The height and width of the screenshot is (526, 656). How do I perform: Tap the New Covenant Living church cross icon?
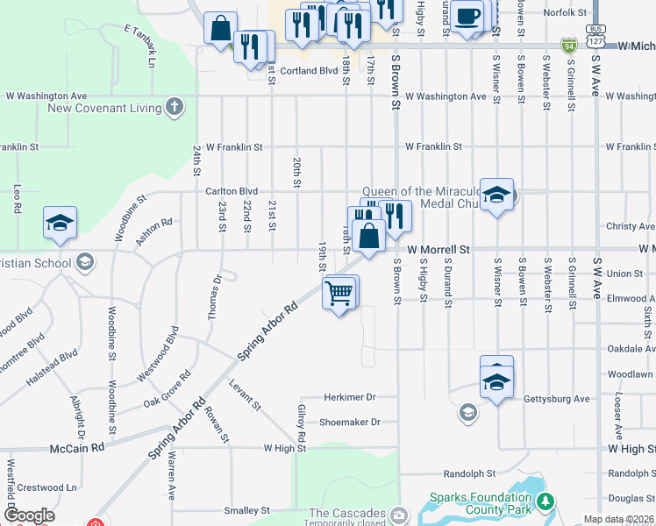pos(175,108)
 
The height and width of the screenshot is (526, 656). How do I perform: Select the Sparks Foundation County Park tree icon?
pos(546,501)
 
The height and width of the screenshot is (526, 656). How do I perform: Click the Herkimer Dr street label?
pos(349,397)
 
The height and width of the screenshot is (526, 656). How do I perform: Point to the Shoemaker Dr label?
pos(349,422)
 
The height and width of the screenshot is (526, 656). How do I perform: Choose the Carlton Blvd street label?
pos(232,190)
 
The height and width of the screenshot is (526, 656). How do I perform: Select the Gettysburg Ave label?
pos(556,399)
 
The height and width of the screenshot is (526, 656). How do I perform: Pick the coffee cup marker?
pos(467,16)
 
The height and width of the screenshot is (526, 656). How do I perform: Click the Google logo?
pos(29,516)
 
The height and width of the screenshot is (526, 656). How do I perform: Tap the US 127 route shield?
pos(595,41)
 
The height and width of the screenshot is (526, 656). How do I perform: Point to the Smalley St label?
pos(246,510)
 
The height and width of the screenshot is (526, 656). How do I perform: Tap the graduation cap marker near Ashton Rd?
pos(60,224)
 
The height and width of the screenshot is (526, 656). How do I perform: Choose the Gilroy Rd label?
pos(301,423)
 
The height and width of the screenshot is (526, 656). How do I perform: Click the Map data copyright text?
pos(619,519)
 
